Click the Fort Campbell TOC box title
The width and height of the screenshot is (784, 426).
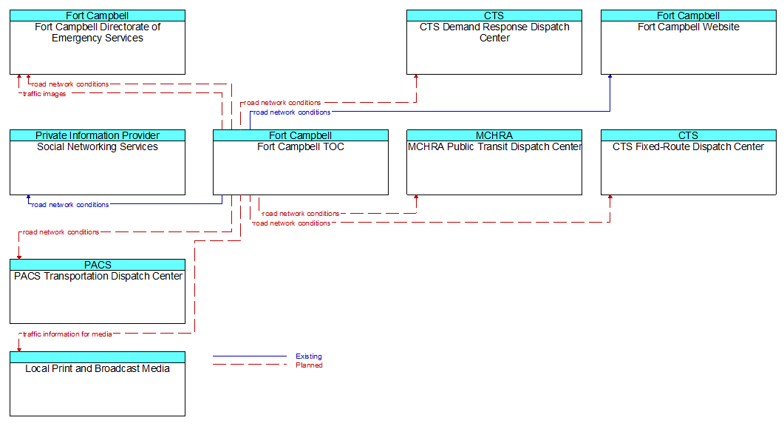[301, 146]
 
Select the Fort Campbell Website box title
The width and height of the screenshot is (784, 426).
[689, 27]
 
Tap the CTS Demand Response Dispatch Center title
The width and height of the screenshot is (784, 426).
[494, 33]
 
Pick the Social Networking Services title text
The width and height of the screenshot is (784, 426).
[98, 146]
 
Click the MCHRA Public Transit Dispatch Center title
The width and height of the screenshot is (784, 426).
[494, 146]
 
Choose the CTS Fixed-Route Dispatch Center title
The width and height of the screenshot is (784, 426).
[689, 146]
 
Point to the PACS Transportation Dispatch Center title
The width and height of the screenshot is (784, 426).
[98, 277]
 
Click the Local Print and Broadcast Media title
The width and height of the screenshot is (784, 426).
[98, 368]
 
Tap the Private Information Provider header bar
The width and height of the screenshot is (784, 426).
[98, 135]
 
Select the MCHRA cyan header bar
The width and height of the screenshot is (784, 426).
[494, 135]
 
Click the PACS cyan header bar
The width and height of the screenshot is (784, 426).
[98, 265]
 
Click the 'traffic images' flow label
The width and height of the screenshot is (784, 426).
[44, 94]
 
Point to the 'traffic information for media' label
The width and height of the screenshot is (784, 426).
[67, 334]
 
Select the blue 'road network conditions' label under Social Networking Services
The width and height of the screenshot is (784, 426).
[70, 205]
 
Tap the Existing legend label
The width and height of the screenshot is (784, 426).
[308, 356]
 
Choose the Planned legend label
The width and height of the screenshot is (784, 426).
[309, 365]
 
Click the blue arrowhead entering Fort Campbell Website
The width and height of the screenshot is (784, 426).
[610, 77]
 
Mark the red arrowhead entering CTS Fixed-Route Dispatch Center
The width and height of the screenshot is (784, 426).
[610, 197]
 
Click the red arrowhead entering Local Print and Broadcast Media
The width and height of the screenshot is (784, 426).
[19, 349]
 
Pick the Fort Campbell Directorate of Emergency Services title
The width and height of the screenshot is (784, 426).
[98, 33]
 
